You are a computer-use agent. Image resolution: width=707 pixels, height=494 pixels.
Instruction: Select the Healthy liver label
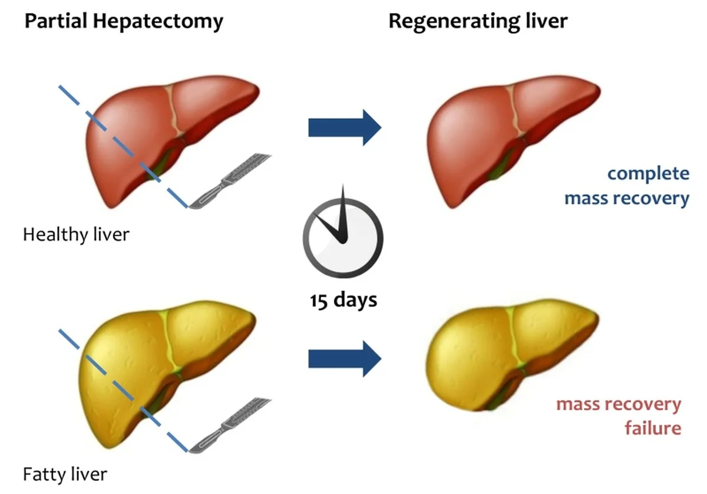tap(76, 235)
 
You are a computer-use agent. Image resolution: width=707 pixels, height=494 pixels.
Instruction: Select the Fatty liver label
tap(65, 473)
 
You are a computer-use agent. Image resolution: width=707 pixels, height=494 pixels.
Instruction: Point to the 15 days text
tap(343, 300)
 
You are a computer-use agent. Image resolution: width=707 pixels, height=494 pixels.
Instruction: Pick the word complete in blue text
tap(648, 174)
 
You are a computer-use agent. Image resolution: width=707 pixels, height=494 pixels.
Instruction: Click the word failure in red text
tap(653, 427)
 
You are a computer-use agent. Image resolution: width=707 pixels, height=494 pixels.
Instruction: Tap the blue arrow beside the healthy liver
tap(345, 127)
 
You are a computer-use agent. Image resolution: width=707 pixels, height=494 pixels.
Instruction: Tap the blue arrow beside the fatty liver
tap(345, 358)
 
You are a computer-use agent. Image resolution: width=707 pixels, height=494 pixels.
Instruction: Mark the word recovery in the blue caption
tap(652, 198)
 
